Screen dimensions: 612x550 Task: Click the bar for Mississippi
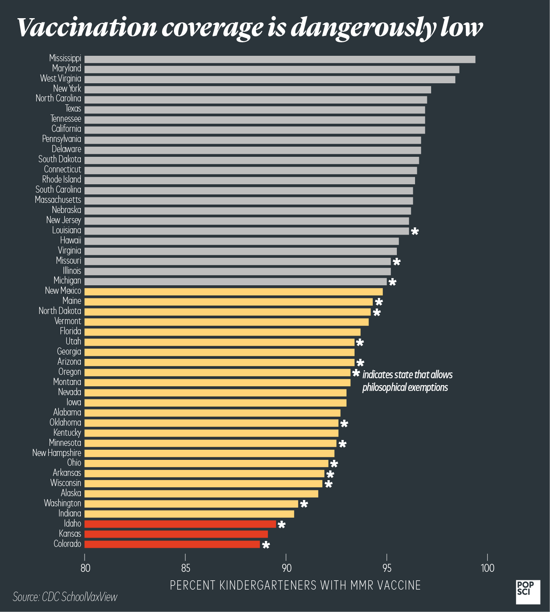pos(280,59)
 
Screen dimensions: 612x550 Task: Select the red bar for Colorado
pos(172,544)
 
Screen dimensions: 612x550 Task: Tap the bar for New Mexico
pos(234,292)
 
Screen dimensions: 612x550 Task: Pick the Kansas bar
pos(176,534)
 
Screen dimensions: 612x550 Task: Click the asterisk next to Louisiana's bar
pos(415,231)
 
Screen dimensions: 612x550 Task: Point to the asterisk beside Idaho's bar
pos(281,525)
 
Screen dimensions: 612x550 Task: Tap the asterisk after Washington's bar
pos(304,504)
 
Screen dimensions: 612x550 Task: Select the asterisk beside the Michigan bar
pos(393,282)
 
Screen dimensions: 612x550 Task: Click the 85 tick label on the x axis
pos(185,568)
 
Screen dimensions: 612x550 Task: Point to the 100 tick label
pos(488,568)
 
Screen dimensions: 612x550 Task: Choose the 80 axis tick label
pos(85,568)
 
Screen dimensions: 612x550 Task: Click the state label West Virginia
pos(60,79)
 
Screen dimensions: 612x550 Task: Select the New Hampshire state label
pos(57,453)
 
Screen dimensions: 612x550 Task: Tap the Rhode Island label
pos(62,180)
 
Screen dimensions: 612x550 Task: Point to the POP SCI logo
pos(528,592)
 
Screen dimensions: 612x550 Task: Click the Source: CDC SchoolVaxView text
pos(65,597)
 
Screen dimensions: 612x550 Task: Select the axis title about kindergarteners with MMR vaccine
pos(295,585)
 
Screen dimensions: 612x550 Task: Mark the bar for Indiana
pos(189,514)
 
